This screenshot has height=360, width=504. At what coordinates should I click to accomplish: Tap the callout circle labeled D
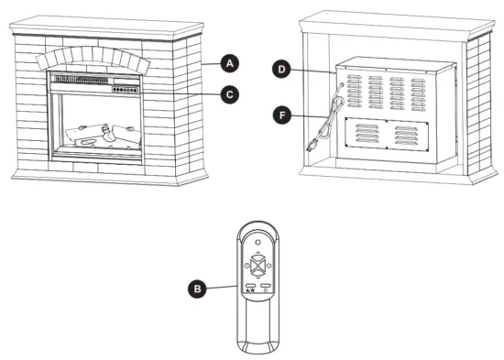click(283, 69)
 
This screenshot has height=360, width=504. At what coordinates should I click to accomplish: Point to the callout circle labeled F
click(283, 115)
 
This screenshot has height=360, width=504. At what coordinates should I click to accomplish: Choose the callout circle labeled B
click(195, 288)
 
